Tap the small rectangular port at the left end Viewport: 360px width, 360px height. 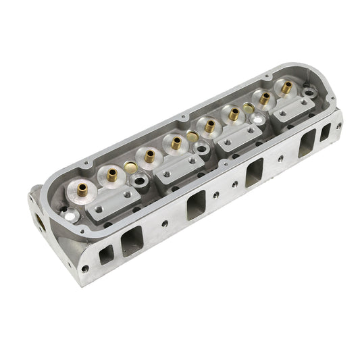pos(106,256)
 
